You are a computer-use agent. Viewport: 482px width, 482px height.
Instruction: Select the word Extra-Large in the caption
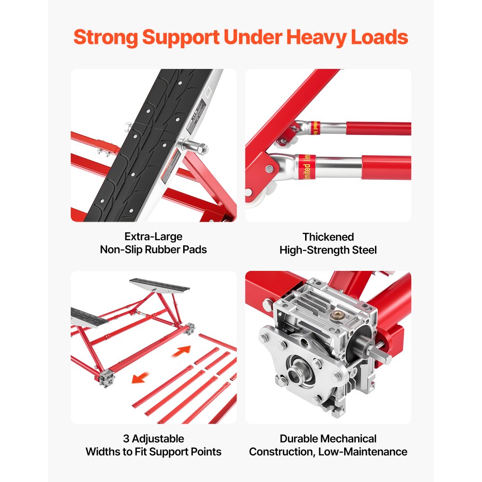[153, 237]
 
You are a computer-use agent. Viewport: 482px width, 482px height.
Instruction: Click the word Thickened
[328, 237]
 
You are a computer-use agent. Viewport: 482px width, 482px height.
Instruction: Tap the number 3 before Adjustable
[126, 439]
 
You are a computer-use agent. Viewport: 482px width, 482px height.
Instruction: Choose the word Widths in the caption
[103, 452]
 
